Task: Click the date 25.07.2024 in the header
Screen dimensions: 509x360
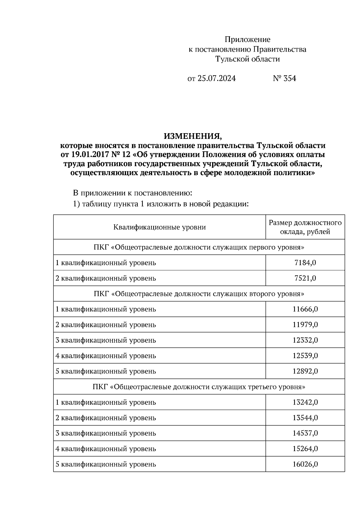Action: click(x=217, y=79)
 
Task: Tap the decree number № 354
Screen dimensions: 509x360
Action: click(x=284, y=79)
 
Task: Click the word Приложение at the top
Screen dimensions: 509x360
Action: click(x=247, y=40)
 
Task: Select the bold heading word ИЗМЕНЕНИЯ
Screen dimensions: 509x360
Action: click(x=193, y=136)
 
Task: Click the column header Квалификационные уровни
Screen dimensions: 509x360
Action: click(x=159, y=227)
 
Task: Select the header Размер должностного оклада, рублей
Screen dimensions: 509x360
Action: click(x=305, y=227)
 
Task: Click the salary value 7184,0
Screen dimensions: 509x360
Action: click(x=305, y=263)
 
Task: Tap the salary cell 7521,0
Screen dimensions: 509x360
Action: click(x=305, y=278)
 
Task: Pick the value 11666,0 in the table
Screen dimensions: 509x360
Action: click(x=305, y=309)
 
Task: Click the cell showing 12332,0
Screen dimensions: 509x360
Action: click(x=305, y=340)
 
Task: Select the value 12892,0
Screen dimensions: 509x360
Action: click(x=305, y=371)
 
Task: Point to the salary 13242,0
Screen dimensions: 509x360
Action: click(x=305, y=402)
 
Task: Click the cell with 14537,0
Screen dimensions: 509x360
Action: click(x=305, y=433)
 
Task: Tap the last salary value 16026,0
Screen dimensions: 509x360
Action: click(x=305, y=464)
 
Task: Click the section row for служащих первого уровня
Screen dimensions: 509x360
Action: click(x=199, y=247)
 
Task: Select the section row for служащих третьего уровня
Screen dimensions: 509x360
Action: click(x=199, y=387)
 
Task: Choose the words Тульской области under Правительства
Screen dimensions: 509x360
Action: click(x=247, y=59)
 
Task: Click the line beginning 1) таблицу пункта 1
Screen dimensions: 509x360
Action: click(x=161, y=204)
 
